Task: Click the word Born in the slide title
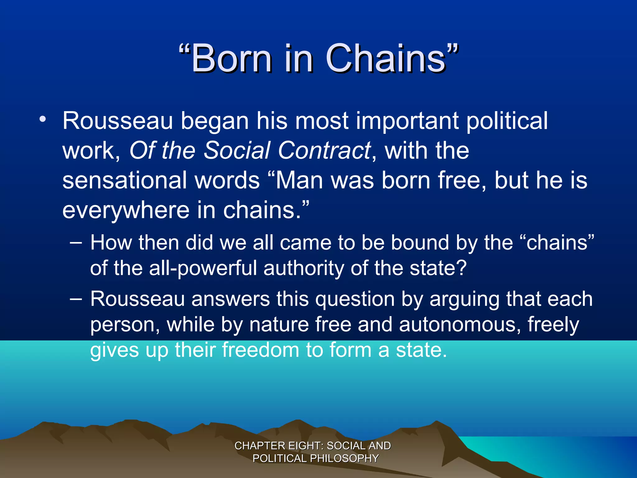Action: (x=231, y=58)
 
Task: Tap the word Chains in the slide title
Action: (x=386, y=58)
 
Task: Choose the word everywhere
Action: (x=126, y=210)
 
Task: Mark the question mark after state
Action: (x=462, y=268)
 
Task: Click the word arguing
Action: (x=464, y=300)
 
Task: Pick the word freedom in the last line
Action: (x=260, y=350)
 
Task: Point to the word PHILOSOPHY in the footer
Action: (x=344, y=458)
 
